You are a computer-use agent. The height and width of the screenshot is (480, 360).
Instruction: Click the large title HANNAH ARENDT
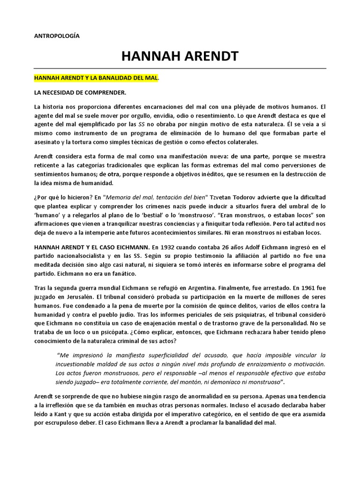[x=180, y=57]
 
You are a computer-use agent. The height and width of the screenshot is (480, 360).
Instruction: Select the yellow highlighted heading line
[x=97, y=76]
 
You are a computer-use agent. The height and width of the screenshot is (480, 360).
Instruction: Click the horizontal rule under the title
[x=180, y=68]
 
